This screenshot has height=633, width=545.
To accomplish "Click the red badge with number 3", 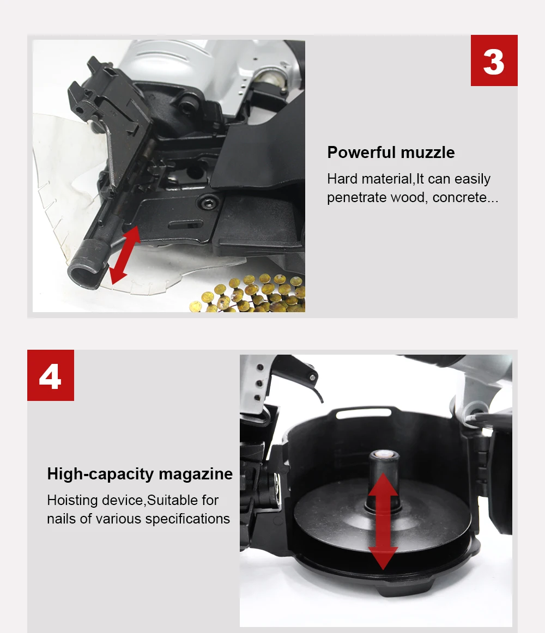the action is pyautogui.click(x=494, y=60).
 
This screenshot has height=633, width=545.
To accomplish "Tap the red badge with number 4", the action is pyautogui.click(x=51, y=375).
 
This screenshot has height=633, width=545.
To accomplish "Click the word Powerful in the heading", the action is pyautogui.click(x=361, y=153).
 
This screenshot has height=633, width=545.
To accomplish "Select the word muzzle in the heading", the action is pyautogui.click(x=428, y=153).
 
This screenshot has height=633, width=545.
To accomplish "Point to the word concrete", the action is pyautogui.click(x=465, y=197).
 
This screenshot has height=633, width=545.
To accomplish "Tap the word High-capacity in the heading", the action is pyautogui.click(x=101, y=474).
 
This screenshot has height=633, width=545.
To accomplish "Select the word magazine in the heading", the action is pyautogui.click(x=196, y=474).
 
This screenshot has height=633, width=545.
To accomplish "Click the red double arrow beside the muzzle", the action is pyautogui.click(x=125, y=255).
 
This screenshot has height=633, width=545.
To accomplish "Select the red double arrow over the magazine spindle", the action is pyautogui.click(x=383, y=521).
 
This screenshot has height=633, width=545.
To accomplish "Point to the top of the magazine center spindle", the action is pyautogui.click(x=384, y=455).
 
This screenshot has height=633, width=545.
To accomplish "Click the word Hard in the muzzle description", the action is pyautogui.click(x=342, y=179).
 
